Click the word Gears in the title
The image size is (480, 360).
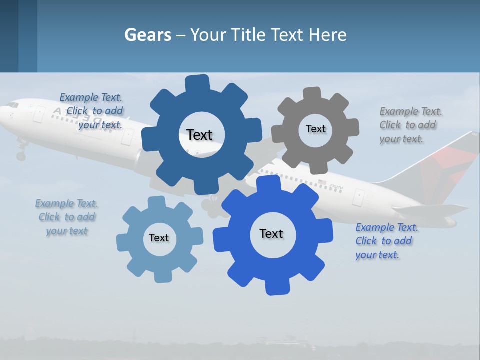click(147, 35)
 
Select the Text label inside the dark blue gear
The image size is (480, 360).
click(199, 135)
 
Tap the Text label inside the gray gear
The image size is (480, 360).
click(315, 129)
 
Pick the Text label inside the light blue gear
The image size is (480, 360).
click(159, 238)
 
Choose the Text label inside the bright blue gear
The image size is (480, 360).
click(271, 233)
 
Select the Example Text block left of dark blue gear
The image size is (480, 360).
click(92, 111)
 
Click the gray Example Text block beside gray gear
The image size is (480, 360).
click(408, 125)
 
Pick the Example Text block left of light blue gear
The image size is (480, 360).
click(66, 217)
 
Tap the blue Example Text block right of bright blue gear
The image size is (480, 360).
click(386, 241)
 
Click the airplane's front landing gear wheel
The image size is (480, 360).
click(20, 156)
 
